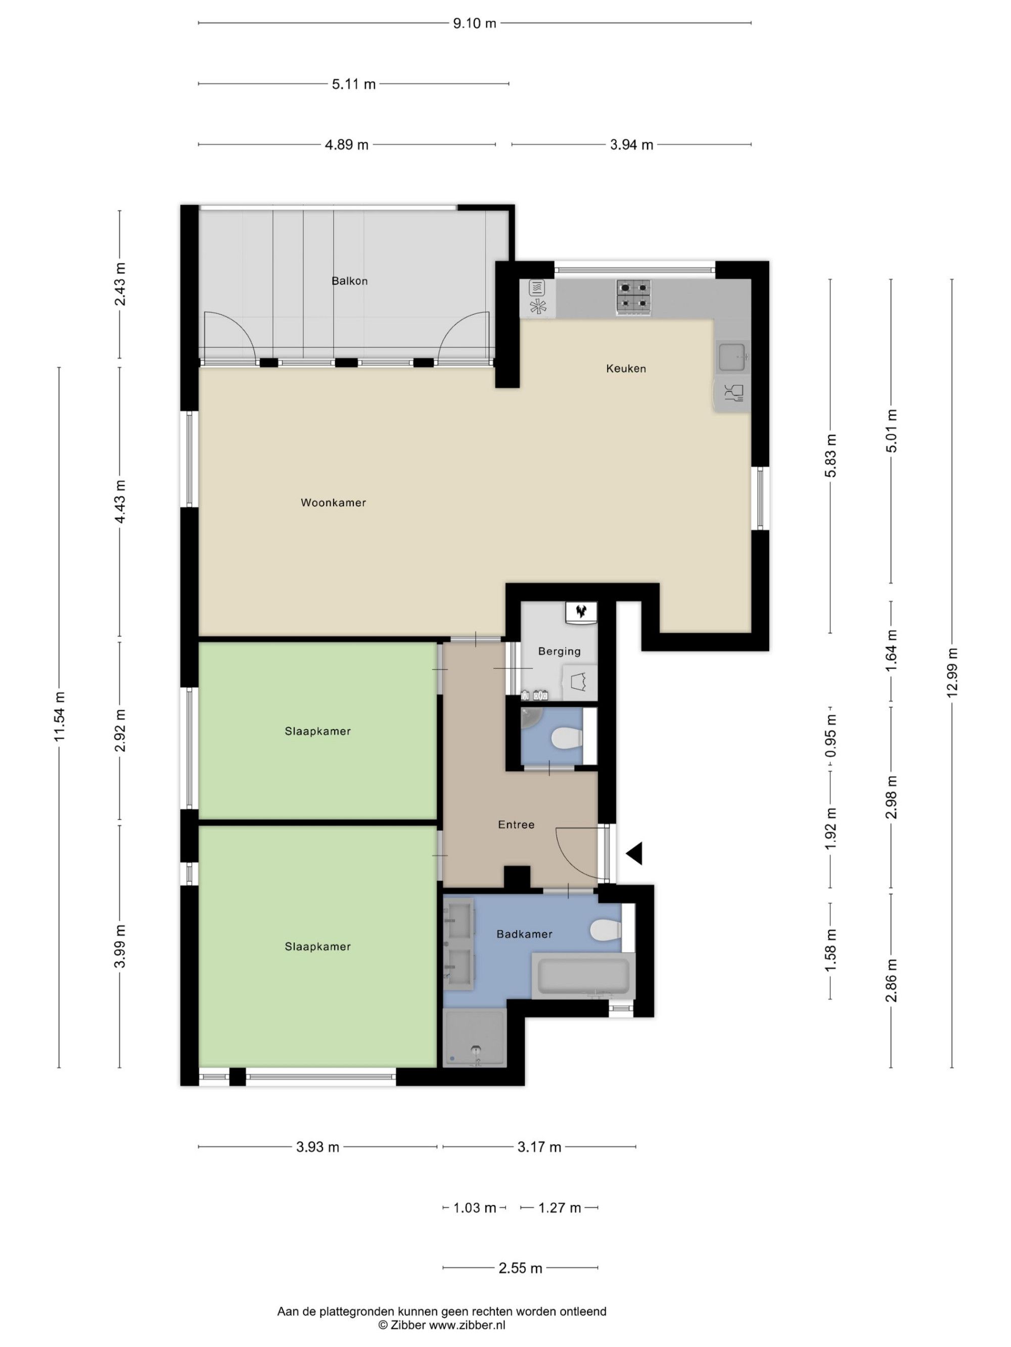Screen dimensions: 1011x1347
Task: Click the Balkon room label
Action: tap(349, 281)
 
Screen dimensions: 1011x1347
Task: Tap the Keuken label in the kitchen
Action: tap(626, 368)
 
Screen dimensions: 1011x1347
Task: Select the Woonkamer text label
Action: tap(333, 503)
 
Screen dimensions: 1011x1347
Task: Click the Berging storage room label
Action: tap(559, 651)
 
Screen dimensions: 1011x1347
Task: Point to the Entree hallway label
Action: tap(516, 825)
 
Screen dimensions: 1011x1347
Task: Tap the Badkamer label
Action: tap(524, 933)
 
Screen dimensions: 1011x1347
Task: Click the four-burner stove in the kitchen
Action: tap(633, 296)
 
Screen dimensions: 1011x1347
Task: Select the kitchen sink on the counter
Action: tap(732, 358)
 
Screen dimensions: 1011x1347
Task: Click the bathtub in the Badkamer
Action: tap(583, 976)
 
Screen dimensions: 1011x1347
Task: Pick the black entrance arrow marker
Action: tap(634, 853)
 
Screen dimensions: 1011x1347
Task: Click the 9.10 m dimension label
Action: tap(475, 24)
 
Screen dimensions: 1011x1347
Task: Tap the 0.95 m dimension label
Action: tap(831, 739)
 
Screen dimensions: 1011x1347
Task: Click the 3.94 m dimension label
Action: tap(631, 145)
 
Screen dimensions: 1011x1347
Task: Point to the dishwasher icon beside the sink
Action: tap(732, 394)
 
